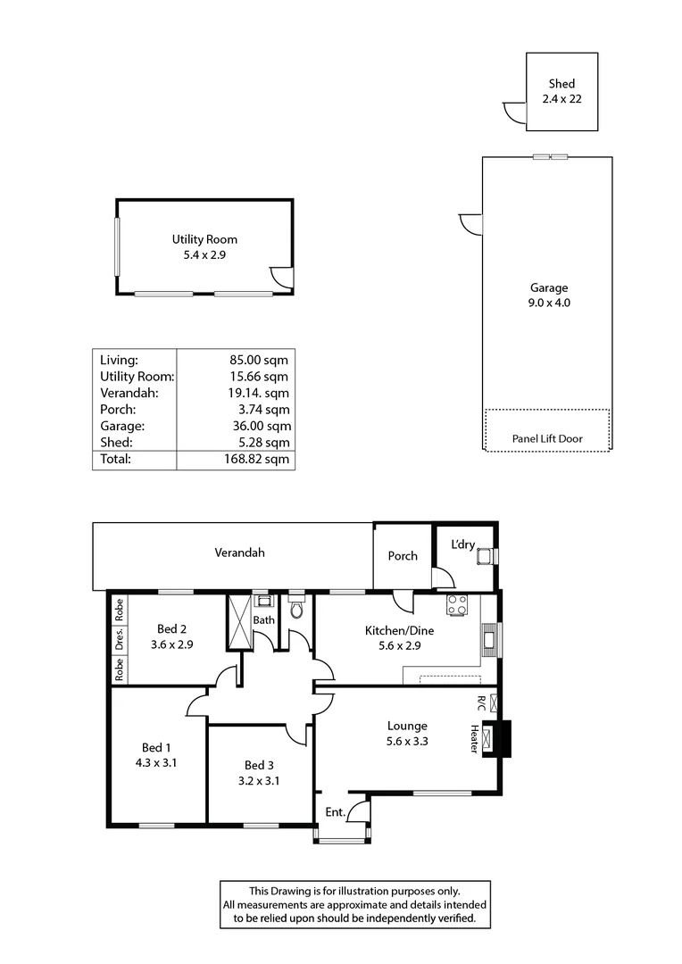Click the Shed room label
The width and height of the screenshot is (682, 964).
click(561, 85)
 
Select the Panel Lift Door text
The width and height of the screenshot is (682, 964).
click(547, 439)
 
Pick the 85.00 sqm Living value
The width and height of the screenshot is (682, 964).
click(259, 361)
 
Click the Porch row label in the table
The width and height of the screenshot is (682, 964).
click(118, 410)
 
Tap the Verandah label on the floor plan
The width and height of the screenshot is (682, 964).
click(239, 553)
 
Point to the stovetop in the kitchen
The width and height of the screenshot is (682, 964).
click(458, 605)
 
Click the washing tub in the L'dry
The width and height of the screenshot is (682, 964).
click(486, 557)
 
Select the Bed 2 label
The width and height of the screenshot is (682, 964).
click(170, 627)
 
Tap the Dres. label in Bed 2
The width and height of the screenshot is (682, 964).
click(119, 638)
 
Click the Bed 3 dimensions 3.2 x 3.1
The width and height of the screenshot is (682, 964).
click(259, 780)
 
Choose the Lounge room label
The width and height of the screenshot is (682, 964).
click(407, 726)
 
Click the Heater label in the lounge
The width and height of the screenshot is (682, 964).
click(474, 738)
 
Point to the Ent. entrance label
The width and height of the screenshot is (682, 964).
click(335, 811)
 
